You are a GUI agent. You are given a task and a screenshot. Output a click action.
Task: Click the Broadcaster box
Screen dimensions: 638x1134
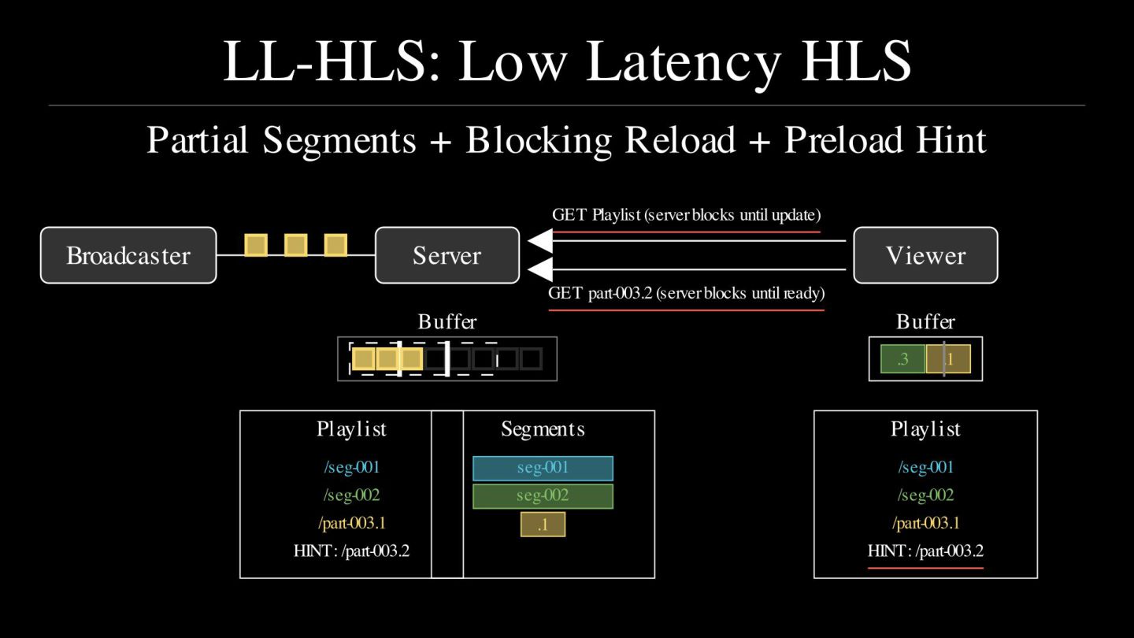pos(128,255)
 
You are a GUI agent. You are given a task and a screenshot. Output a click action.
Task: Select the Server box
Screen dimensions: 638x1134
pos(447,255)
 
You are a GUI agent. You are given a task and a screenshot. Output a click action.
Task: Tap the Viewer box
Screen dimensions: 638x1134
pos(925,255)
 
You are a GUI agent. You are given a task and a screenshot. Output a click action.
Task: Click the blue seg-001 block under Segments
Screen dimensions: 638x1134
pos(543,468)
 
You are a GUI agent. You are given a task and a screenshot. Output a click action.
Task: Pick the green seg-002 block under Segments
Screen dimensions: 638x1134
pos(543,496)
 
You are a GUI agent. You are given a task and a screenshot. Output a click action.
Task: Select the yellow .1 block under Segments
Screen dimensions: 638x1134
pos(543,525)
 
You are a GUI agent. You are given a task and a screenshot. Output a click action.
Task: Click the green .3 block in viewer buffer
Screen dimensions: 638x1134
pos(903,359)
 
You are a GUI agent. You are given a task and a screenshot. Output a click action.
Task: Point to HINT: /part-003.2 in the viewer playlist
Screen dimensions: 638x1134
pos(925,551)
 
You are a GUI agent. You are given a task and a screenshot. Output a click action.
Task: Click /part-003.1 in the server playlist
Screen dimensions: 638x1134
pos(351,523)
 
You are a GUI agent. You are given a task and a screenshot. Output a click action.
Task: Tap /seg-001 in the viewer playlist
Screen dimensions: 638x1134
pos(925,467)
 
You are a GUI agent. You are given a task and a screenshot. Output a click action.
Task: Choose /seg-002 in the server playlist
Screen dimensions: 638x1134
pos(351,495)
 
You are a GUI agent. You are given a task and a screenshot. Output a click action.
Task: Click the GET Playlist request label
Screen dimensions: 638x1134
pos(686,215)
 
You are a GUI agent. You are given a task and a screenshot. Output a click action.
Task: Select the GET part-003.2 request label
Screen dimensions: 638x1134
pos(686,294)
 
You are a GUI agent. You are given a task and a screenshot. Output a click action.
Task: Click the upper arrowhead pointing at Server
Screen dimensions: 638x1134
pos(540,241)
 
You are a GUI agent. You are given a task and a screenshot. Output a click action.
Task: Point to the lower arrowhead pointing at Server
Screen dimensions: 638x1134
pos(540,270)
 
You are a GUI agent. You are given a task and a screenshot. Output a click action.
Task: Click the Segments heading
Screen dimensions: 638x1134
pos(543,429)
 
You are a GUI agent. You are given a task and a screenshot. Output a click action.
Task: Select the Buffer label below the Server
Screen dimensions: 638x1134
pos(447,321)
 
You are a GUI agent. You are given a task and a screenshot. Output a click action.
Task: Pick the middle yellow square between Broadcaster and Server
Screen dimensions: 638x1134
pos(295,245)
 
